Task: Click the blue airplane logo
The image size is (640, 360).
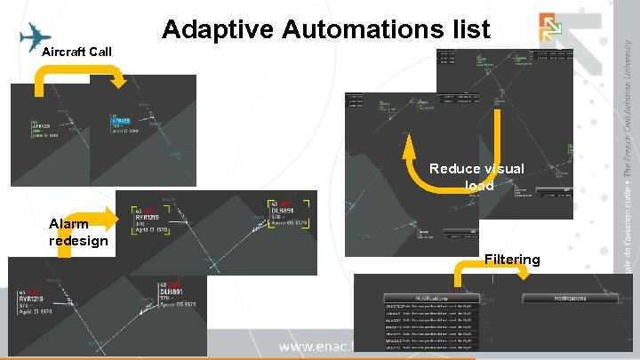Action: [34, 37]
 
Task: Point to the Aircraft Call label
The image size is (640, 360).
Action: [76, 52]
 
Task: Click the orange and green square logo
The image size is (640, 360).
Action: [549, 28]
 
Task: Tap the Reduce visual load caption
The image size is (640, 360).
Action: [476, 177]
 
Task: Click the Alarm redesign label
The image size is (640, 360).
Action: [78, 232]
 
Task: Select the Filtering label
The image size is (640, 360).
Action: [512, 260]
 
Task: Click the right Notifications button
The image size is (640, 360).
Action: [570, 298]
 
